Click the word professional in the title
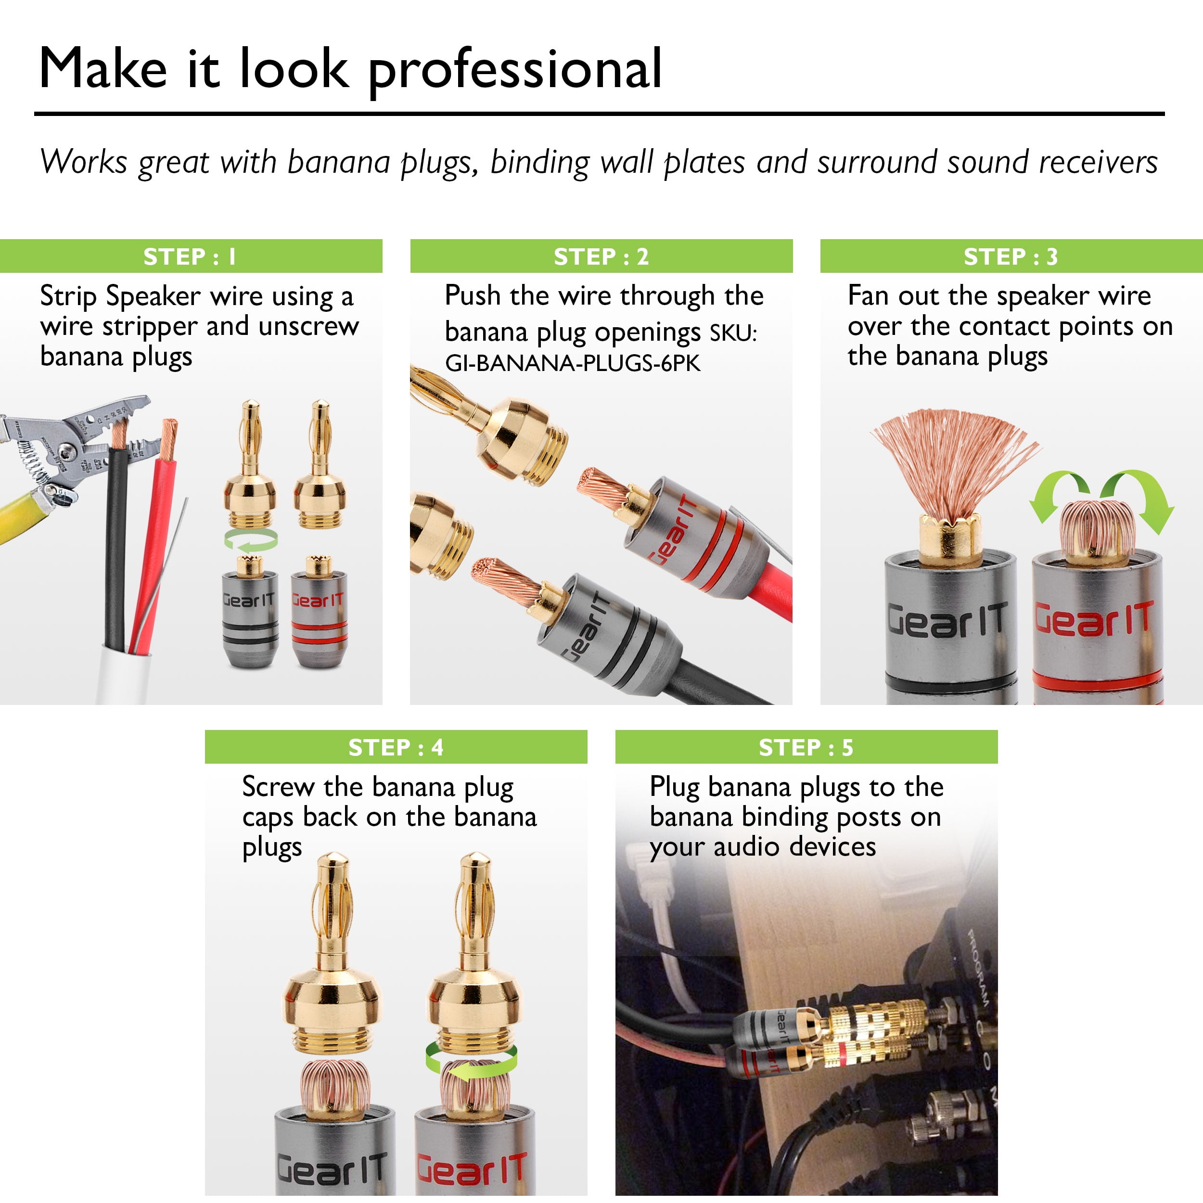(515, 70)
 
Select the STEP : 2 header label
(601, 256)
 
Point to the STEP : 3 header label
(1011, 256)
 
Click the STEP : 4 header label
(396, 747)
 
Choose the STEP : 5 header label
(806, 747)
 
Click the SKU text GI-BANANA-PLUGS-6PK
(573, 363)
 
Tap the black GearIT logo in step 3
(947, 620)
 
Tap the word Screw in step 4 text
(278, 787)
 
